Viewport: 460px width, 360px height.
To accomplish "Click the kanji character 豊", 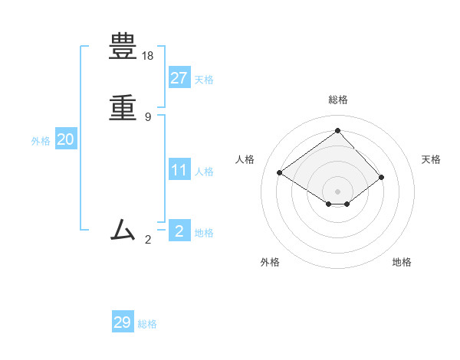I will [123, 48].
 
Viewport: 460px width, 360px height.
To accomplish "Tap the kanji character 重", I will [123, 108].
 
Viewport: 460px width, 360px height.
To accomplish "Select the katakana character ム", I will [123, 229].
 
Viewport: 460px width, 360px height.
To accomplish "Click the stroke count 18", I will [148, 56].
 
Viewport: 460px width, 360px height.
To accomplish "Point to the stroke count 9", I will [148, 116].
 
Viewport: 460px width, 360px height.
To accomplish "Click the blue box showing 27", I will [179, 77].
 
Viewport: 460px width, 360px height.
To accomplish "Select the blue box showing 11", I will [179, 170].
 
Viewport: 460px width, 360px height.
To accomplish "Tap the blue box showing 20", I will [66, 139].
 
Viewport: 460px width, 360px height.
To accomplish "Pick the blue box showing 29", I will [123, 322].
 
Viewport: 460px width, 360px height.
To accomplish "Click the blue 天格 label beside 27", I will [204, 80].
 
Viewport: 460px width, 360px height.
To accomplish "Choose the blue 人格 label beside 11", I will [204, 172].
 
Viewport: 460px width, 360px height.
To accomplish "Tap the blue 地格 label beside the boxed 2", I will [204, 233].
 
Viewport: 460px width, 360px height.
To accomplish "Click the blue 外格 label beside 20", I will [41, 142].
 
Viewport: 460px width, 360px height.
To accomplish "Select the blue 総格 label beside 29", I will [147, 325].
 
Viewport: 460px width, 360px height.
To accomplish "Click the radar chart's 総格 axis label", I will [338, 100].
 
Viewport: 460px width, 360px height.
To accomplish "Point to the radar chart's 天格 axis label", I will [431, 159].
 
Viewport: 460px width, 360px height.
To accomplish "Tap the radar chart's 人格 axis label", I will [245, 159].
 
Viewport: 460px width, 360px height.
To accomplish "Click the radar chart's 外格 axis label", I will [270, 262].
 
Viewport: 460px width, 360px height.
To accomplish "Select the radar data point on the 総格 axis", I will [337, 130].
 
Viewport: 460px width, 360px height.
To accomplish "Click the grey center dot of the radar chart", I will [337, 191].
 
